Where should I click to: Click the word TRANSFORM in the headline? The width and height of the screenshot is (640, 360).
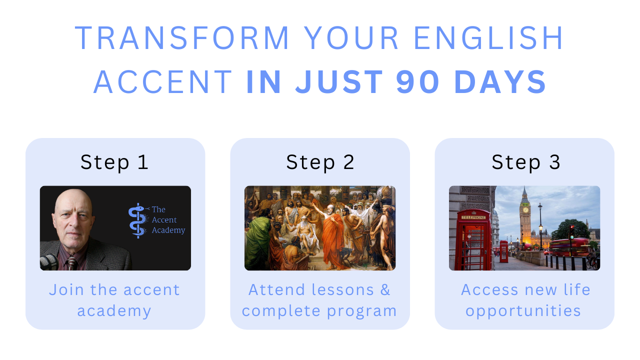181,37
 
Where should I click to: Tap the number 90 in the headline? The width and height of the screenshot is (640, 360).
417,82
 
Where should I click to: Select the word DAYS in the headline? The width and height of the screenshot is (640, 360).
500,82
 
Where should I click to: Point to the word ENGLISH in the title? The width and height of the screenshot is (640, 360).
488,37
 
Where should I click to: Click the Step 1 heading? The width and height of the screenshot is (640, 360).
114,162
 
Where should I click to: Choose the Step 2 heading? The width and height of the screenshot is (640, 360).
320,162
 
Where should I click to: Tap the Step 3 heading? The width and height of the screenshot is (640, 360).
525,162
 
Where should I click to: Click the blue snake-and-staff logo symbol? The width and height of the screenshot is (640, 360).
138,220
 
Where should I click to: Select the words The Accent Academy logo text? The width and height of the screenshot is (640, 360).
168,219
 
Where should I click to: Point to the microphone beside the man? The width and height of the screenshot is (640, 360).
48,262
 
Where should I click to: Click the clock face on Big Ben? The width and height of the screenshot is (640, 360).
525,210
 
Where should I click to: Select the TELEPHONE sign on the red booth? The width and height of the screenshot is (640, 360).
473,217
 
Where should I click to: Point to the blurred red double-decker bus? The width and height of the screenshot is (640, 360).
569,247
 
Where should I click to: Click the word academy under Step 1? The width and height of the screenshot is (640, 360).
114,311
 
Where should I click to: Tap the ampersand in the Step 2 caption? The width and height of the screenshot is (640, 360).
385,289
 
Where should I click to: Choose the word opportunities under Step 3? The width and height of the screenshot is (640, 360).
523,311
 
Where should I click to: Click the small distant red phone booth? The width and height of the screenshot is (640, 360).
503,251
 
